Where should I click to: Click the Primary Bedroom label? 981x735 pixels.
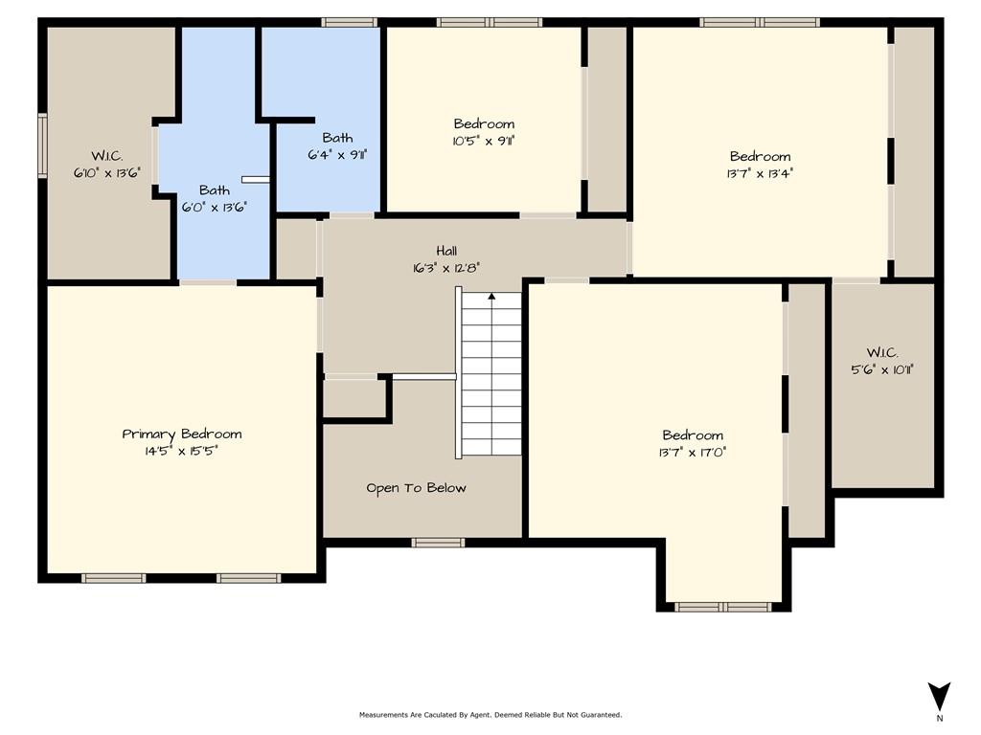point(181,434)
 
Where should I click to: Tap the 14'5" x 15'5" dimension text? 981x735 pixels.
point(181,452)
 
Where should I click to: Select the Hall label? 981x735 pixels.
point(446,252)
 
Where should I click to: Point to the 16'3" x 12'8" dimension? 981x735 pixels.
point(446,268)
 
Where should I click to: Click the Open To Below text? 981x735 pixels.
point(416,488)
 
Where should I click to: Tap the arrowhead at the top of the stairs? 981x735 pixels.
point(491,297)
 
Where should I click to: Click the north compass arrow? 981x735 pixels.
point(939,697)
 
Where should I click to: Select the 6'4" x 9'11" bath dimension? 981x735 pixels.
point(337,154)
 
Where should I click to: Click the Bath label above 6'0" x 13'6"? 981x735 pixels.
point(214,190)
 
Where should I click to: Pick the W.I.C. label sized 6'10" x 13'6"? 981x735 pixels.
point(107,156)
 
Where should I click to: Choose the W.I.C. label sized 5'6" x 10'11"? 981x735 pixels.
point(882,353)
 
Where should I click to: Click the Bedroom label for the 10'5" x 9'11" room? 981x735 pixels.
point(484,123)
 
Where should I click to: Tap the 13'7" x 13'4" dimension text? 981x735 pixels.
point(760,173)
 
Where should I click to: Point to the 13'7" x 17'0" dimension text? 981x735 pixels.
point(693,452)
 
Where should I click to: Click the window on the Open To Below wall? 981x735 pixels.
point(438,543)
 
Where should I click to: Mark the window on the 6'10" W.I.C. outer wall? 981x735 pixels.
point(42,145)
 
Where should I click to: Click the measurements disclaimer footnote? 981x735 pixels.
point(490,714)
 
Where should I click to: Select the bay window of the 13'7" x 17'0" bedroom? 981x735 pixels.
point(723,607)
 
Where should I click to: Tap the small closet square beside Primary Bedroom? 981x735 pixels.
point(354,398)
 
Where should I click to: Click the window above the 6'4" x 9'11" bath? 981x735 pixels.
point(349,23)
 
